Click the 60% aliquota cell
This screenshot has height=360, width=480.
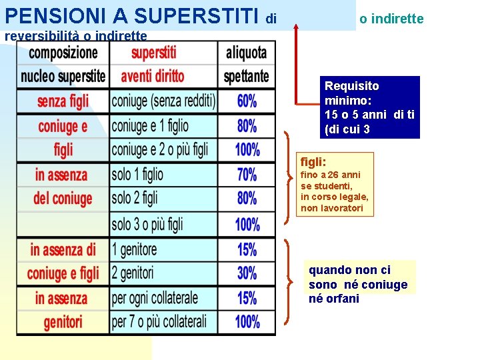(x=247, y=101)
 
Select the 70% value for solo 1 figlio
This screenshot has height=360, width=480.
(x=247, y=175)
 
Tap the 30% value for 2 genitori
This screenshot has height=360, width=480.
(x=247, y=273)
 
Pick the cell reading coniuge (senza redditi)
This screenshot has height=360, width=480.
(x=163, y=101)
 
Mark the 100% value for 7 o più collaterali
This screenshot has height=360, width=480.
(x=247, y=321)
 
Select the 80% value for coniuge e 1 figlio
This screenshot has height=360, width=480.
(x=247, y=126)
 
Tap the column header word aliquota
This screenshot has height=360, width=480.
(x=246, y=53)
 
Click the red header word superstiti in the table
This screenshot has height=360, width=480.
(x=154, y=53)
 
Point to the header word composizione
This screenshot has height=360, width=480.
(x=63, y=53)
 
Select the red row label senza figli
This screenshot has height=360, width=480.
(x=63, y=101)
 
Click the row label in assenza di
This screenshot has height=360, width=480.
(x=63, y=250)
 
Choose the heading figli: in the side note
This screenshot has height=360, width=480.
(x=313, y=161)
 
